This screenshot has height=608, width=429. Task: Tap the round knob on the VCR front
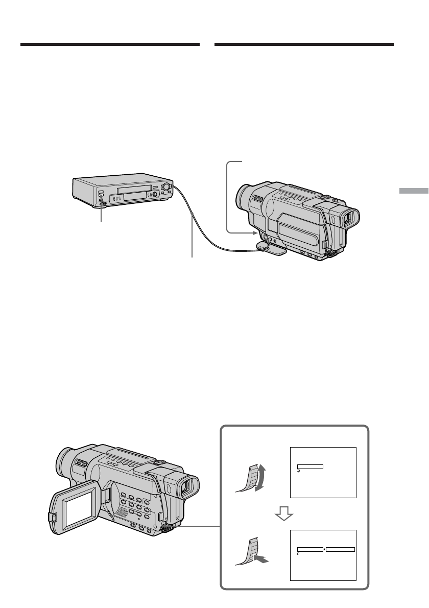[166, 188]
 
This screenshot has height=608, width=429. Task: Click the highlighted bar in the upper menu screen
[310, 466]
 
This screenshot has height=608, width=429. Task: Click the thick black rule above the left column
[110, 45]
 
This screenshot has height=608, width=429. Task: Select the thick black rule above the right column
[304, 45]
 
